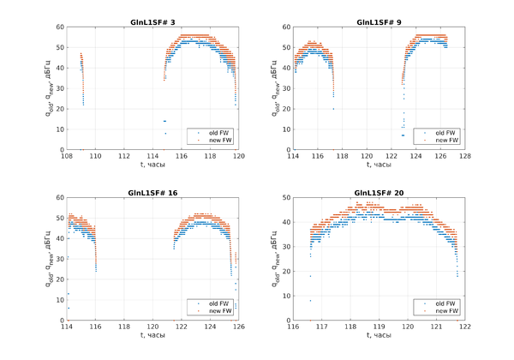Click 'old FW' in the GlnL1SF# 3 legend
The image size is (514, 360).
click(212, 133)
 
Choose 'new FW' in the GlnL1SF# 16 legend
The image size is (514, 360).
click(212, 311)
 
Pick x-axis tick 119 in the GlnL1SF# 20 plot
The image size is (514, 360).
click(379, 327)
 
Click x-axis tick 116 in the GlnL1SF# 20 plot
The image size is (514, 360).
click(293, 327)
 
